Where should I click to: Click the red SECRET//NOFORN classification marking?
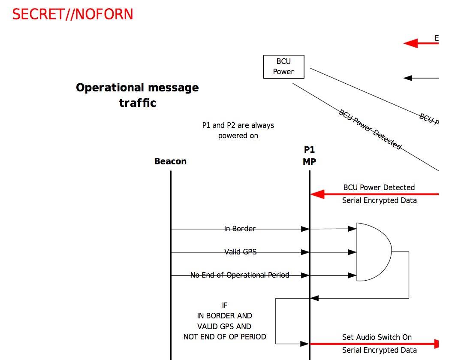click(72, 15)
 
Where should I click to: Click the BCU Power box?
click(283, 67)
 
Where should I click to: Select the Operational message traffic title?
click(137, 95)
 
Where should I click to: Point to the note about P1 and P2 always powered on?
click(238, 130)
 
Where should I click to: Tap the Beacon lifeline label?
click(170, 162)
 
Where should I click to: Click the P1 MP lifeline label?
click(309, 156)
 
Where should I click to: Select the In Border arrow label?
click(240, 229)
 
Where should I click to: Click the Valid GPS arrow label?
click(240, 252)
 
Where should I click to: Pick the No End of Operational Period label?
click(240, 275)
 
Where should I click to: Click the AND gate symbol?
click(372, 252)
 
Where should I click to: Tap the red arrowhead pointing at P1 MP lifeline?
click(316, 194)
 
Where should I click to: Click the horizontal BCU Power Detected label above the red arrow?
click(379, 188)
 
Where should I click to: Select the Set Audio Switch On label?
click(377, 337)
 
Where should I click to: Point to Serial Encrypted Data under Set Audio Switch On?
click(379, 350)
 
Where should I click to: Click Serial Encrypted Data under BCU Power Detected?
click(379, 200)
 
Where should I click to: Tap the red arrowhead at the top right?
click(410, 43)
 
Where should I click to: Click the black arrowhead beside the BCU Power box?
click(408, 78)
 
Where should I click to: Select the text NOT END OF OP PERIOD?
click(225, 337)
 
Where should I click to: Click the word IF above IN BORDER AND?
click(225, 306)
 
